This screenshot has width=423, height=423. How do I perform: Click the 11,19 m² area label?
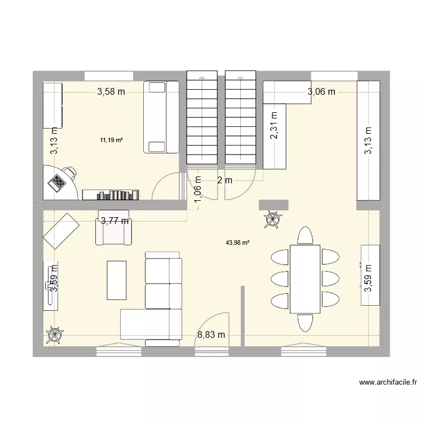coord(111,140)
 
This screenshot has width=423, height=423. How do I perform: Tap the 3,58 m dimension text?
coord(111,92)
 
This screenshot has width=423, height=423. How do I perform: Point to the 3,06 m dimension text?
coord(321,91)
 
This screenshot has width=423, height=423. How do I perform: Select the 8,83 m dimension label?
coord(211,335)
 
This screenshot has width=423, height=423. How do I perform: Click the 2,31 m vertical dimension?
coord(274,130)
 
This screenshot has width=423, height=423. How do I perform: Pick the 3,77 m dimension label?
coord(114,222)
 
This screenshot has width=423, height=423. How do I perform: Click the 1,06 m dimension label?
coord(197,186)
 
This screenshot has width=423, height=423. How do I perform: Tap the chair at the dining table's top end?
coord(305,235)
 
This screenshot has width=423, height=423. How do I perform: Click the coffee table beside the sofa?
coord(117,279)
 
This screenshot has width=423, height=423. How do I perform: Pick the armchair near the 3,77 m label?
coord(114,228)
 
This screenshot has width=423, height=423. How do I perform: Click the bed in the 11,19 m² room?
coord(161,117)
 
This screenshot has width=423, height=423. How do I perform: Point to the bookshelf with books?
coord(111,195)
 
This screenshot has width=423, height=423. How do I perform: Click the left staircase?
coord(202,118)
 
